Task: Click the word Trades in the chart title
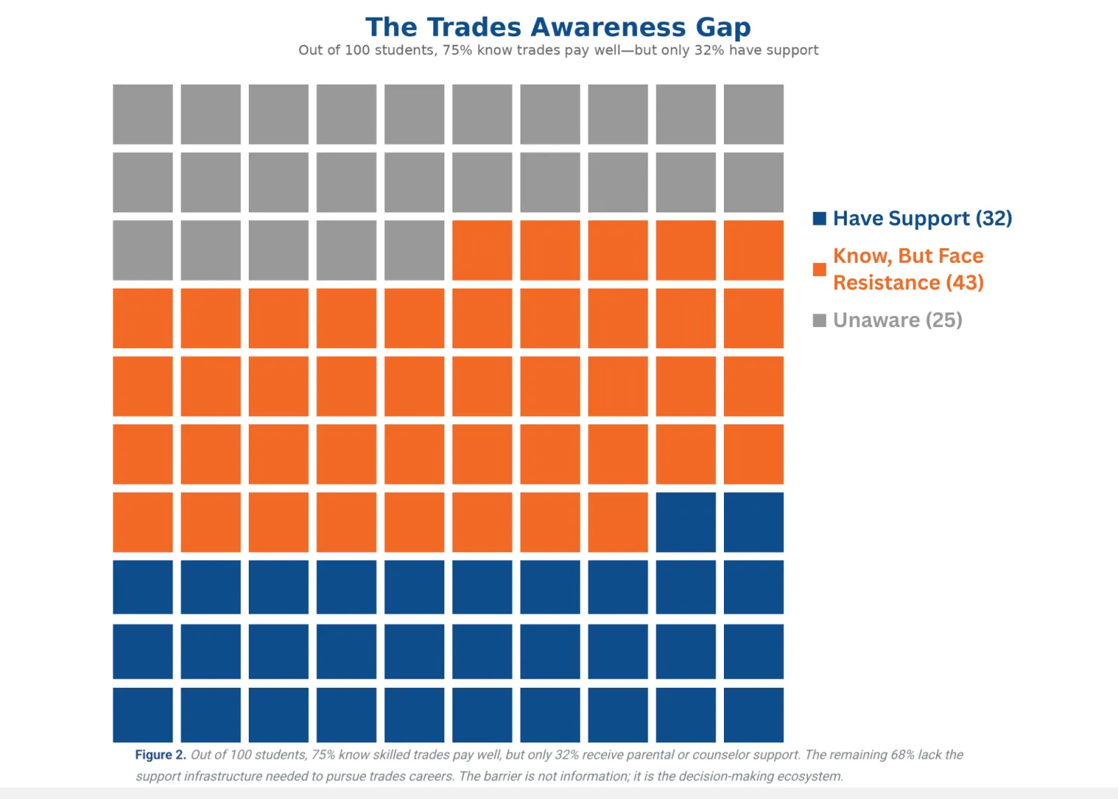[x=474, y=27]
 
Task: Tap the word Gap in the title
[x=723, y=28]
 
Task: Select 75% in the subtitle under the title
[x=457, y=50]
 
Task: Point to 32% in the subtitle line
[x=709, y=50]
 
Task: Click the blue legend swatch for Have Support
[x=819, y=218]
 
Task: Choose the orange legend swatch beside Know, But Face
[x=819, y=269]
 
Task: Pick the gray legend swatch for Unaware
[x=819, y=320]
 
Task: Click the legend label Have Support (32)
[x=922, y=218]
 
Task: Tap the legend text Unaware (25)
[x=897, y=320]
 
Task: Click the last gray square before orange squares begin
[x=414, y=250]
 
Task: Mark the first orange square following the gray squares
[x=482, y=250]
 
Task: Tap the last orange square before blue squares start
[x=618, y=522]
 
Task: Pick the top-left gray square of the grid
[x=143, y=115]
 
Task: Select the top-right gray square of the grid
[x=754, y=115]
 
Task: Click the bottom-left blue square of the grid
[x=143, y=714]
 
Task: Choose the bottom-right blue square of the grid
[x=754, y=714]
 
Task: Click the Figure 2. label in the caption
[x=161, y=754]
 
